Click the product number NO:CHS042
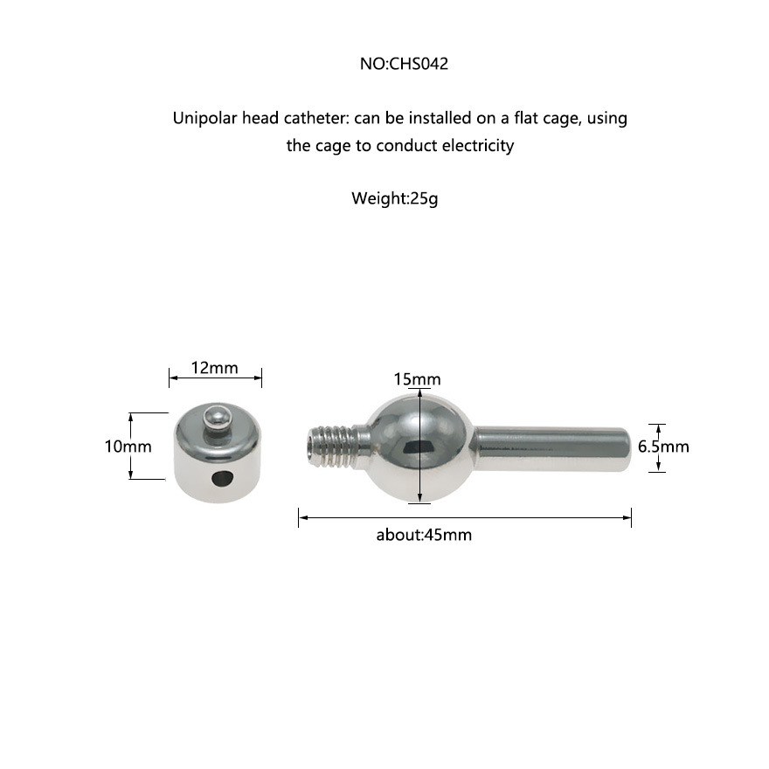pyautogui.click(x=404, y=64)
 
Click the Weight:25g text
pyautogui.click(x=394, y=197)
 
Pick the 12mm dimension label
pyautogui.click(x=214, y=368)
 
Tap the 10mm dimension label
pyautogui.click(x=128, y=447)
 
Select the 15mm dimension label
pyautogui.click(x=417, y=379)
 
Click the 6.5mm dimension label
pyautogui.click(x=663, y=447)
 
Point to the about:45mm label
pyautogui.click(x=424, y=535)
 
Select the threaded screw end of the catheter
pyautogui.click(x=335, y=446)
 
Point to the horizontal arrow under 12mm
pyautogui.click(x=215, y=378)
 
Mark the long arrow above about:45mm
pyautogui.click(x=465, y=517)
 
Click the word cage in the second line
pyautogui.click(x=333, y=146)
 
